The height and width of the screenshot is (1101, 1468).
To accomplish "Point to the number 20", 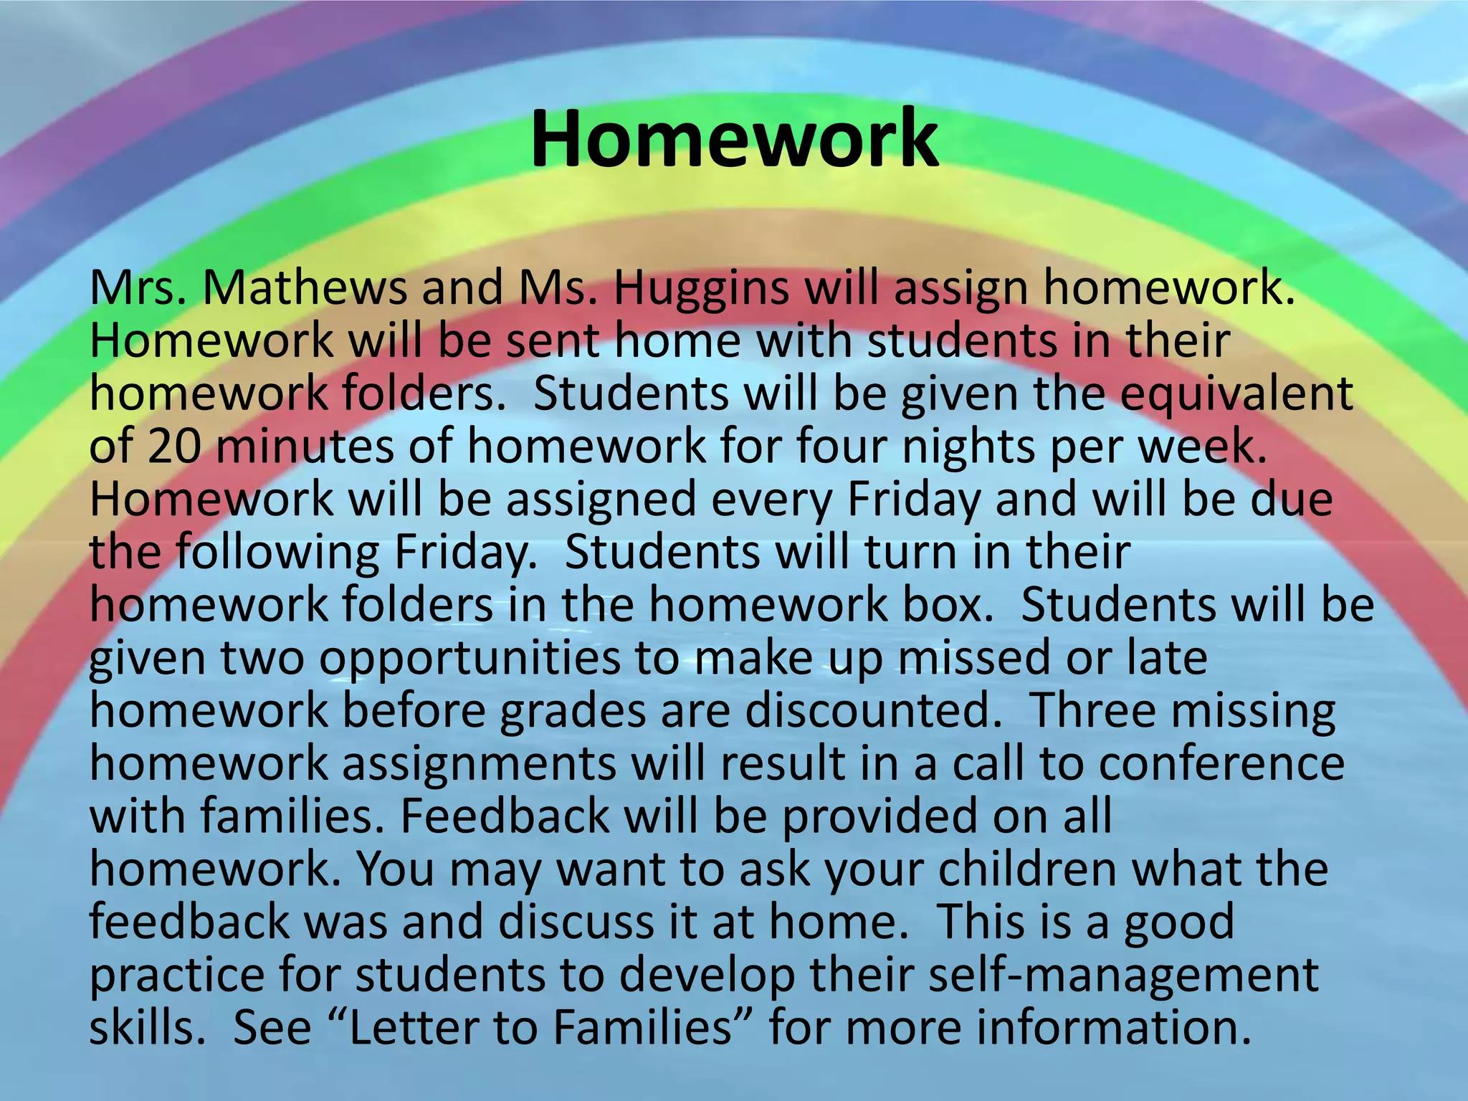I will (173, 446).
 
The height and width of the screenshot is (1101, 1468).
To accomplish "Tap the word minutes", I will (305, 446).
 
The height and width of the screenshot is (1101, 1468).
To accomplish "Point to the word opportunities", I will (470, 658).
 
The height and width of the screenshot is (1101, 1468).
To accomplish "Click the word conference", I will (1221, 763).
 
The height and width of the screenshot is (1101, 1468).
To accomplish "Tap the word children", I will (1027, 869).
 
